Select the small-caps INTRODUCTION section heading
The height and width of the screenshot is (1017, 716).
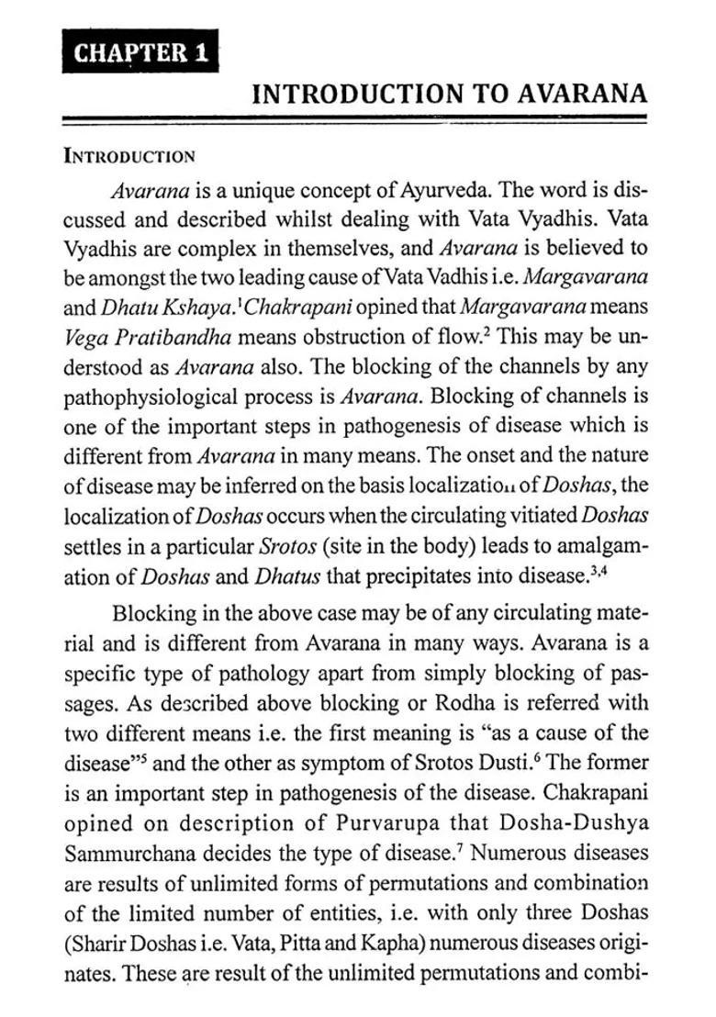coord(129,155)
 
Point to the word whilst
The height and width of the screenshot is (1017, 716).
coord(330,220)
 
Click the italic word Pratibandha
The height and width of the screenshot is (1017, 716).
coord(173,337)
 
